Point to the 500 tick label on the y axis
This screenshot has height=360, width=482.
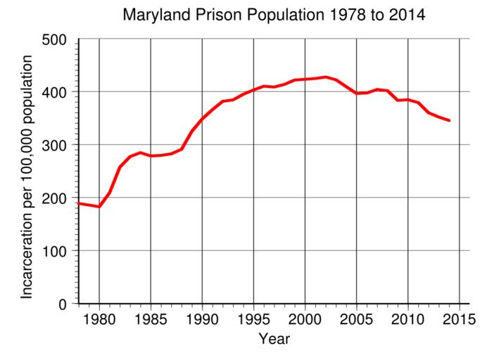pos(55,39)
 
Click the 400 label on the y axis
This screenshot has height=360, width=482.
pos(55,93)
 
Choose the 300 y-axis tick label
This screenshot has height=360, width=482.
pos(55,146)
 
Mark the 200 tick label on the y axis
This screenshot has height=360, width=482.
pos(55,198)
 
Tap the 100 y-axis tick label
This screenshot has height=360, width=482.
pos(55,251)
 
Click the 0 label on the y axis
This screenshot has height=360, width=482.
pos(63,304)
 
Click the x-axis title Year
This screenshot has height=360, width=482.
pos(274,340)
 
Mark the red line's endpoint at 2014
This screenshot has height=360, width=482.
pos(449,121)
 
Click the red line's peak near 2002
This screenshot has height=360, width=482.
pos(325,77)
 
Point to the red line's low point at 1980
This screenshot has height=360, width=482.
pos(99,207)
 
